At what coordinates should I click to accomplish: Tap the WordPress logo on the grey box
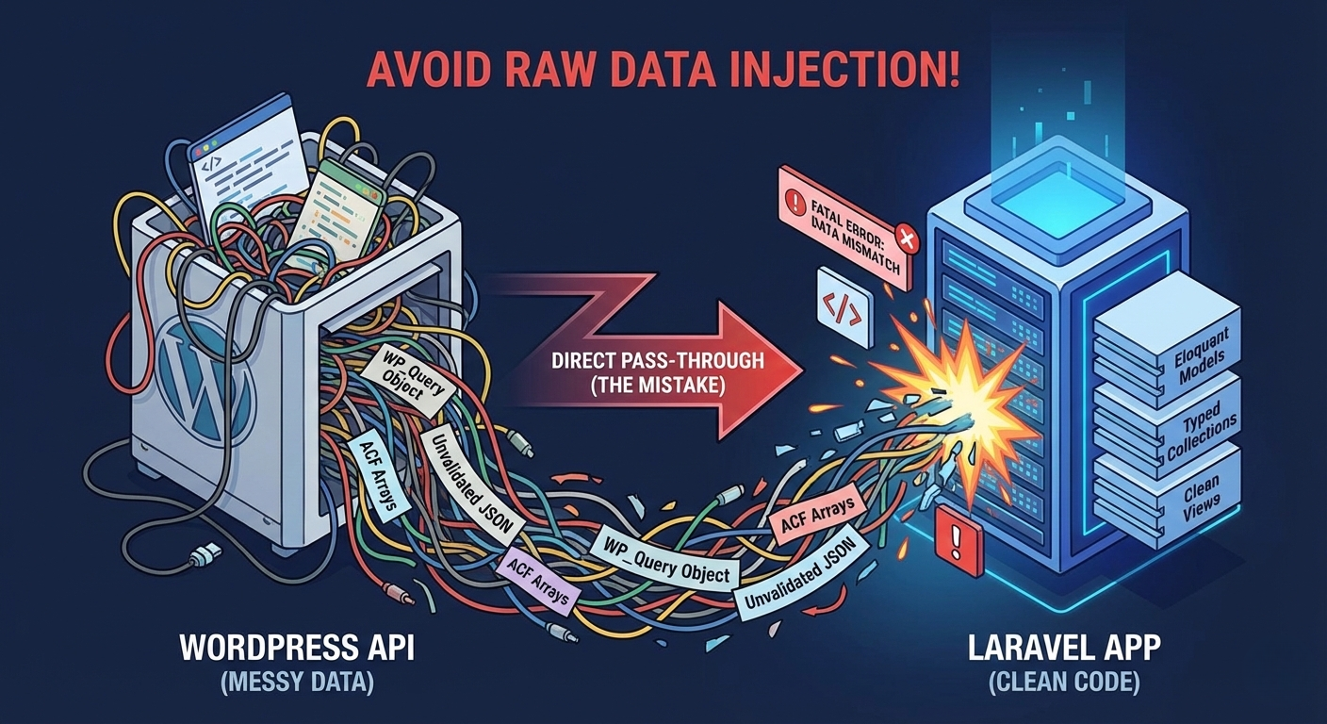pos(200,379)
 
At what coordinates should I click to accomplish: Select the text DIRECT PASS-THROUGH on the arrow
pos(658,360)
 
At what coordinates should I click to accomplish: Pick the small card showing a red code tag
pos(845,307)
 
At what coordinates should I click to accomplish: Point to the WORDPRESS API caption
pos(298,648)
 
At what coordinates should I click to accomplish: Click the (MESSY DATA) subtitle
pos(298,683)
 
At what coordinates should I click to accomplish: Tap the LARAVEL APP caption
pos(1065,648)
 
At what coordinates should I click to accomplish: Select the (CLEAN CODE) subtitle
pos(1065,683)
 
